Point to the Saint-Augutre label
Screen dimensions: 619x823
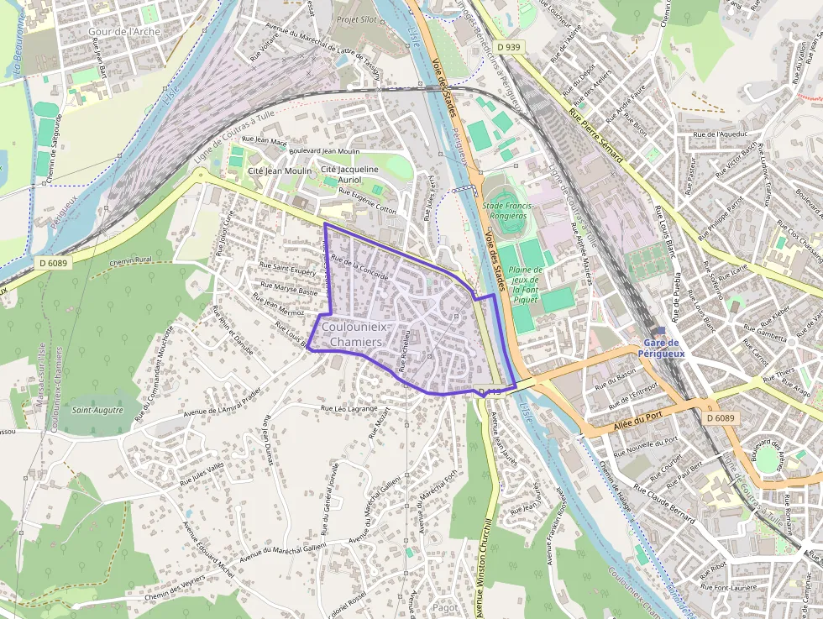tap(97, 411)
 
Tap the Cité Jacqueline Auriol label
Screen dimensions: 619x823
tap(349, 174)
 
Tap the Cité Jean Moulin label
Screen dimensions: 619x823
tap(280, 171)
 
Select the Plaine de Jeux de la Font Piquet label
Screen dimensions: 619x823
tap(526, 285)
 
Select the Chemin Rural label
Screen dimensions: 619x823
tap(132, 260)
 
